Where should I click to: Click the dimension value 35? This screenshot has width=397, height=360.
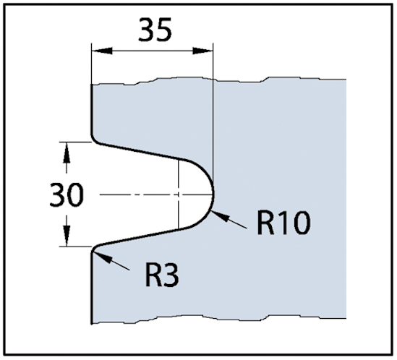(x=155, y=30)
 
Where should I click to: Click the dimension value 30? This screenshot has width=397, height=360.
(x=67, y=194)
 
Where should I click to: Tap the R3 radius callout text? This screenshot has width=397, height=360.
(x=162, y=275)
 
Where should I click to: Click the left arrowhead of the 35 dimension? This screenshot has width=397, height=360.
(x=101, y=51)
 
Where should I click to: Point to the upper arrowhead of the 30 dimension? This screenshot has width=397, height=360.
(x=67, y=152)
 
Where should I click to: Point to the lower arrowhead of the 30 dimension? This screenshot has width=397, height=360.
(x=67, y=236)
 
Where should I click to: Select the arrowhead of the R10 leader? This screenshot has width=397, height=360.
(x=219, y=215)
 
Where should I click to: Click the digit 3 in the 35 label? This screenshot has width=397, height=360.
(x=146, y=30)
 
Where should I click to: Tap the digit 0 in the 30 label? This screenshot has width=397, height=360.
(x=75, y=194)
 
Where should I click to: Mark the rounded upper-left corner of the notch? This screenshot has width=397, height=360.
(x=94, y=140)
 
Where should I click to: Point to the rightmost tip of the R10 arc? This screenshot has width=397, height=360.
(x=214, y=194)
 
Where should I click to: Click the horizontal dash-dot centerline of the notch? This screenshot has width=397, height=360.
(x=157, y=194)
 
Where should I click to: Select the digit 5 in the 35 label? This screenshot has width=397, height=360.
(x=164, y=30)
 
